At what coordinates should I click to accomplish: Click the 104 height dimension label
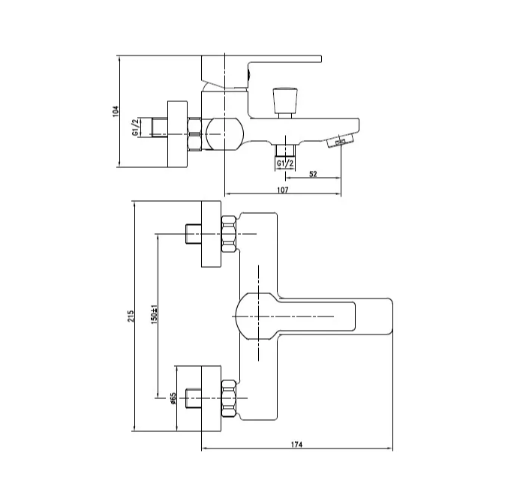(x=116, y=111)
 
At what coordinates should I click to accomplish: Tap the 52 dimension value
(x=313, y=174)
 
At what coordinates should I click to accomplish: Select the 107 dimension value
(x=283, y=190)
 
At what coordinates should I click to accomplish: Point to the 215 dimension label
(x=131, y=316)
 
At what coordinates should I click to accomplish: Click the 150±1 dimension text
(x=154, y=314)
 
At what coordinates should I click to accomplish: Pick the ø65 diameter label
(x=173, y=398)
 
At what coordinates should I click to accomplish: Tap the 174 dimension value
(x=296, y=444)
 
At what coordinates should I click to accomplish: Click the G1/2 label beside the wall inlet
(x=135, y=127)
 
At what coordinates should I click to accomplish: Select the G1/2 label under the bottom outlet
(x=285, y=163)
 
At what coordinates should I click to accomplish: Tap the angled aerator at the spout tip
(x=340, y=140)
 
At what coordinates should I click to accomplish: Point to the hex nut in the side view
(x=195, y=134)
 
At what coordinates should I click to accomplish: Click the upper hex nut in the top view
(x=229, y=234)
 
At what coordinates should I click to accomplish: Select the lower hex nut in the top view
(x=229, y=398)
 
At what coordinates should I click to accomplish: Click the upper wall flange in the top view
(x=211, y=234)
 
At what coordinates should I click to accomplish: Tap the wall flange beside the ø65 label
(x=211, y=398)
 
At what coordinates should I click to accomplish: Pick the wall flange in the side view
(x=178, y=134)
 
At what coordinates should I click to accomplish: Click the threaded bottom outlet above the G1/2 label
(x=285, y=151)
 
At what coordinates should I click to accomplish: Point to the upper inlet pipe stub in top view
(x=194, y=234)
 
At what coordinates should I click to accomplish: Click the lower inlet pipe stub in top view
(x=194, y=398)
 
